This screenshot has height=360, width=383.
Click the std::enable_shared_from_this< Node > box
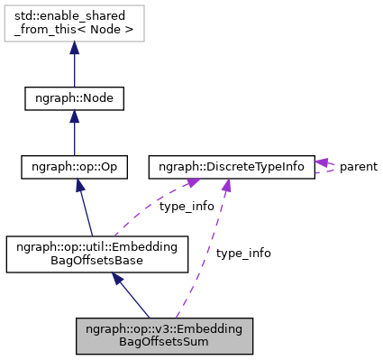(74, 24)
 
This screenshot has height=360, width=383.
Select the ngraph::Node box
(74, 97)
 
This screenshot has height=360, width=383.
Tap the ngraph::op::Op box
(74, 167)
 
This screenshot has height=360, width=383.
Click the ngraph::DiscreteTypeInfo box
(232, 167)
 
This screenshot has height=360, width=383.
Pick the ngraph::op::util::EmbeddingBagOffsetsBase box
(96, 254)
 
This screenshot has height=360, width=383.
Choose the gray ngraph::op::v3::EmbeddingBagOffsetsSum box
(164, 334)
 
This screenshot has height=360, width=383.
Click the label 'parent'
(358, 167)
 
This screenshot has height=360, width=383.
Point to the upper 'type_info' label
(187, 206)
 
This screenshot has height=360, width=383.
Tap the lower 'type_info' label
(243, 253)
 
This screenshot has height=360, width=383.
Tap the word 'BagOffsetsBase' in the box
(96, 261)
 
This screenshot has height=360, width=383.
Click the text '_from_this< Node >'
(74, 31)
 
